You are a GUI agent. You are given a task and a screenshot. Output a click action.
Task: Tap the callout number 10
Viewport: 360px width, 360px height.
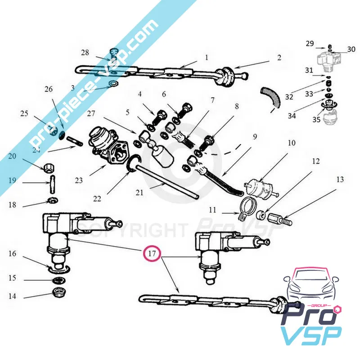pos(292,143)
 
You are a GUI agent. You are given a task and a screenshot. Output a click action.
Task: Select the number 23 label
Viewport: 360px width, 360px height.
pos(79,181)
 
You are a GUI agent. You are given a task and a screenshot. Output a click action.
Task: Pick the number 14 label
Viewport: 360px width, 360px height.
pos(12,296)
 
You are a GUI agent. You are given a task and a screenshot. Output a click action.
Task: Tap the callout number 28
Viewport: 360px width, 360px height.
pos(85,53)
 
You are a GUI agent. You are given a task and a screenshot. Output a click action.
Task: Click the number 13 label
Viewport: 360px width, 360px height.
pos(339,180)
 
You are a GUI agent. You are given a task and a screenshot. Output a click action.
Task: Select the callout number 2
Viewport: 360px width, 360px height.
pos(279,58)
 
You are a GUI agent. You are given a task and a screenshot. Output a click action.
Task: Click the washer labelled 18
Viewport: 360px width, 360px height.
pos(52,199)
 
